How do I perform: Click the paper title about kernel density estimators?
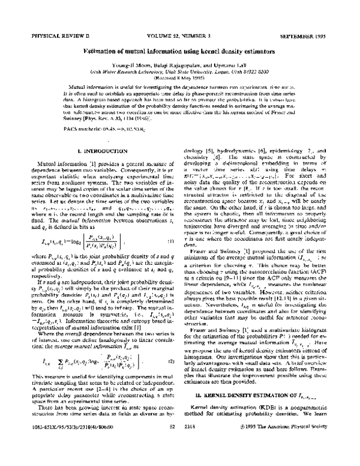click(x=179, y=52)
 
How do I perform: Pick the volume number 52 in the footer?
click(x=172, y=443)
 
